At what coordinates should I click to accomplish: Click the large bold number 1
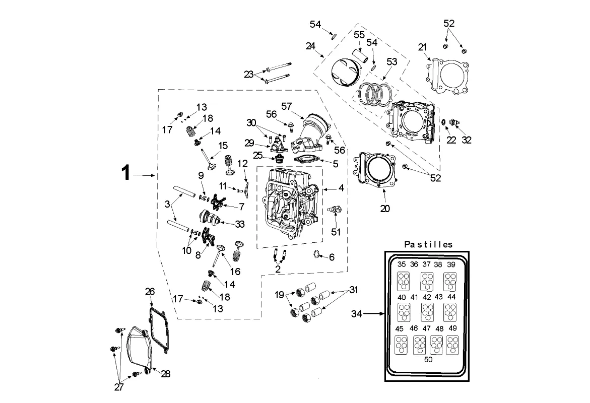[126, 174]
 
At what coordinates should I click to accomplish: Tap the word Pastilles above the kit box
[428, 244]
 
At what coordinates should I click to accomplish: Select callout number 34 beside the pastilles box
[357, 314]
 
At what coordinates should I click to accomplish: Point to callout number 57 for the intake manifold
[287, 106]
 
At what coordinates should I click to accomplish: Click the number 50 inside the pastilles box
[428, 359]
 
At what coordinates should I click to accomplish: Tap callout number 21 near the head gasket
[422, 47]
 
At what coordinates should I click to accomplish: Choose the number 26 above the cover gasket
[150, 292]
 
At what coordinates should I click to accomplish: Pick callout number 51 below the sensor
[336, 232]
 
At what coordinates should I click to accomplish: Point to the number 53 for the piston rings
[391, 61]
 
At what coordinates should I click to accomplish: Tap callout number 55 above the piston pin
[359, 35]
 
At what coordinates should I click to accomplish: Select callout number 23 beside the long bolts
[249, 74]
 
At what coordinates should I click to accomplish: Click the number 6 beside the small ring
[331, 257]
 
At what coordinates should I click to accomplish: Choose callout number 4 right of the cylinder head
[341, 188]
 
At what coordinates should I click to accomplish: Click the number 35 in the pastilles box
[402, 264]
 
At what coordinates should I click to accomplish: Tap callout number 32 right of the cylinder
[467, 140]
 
